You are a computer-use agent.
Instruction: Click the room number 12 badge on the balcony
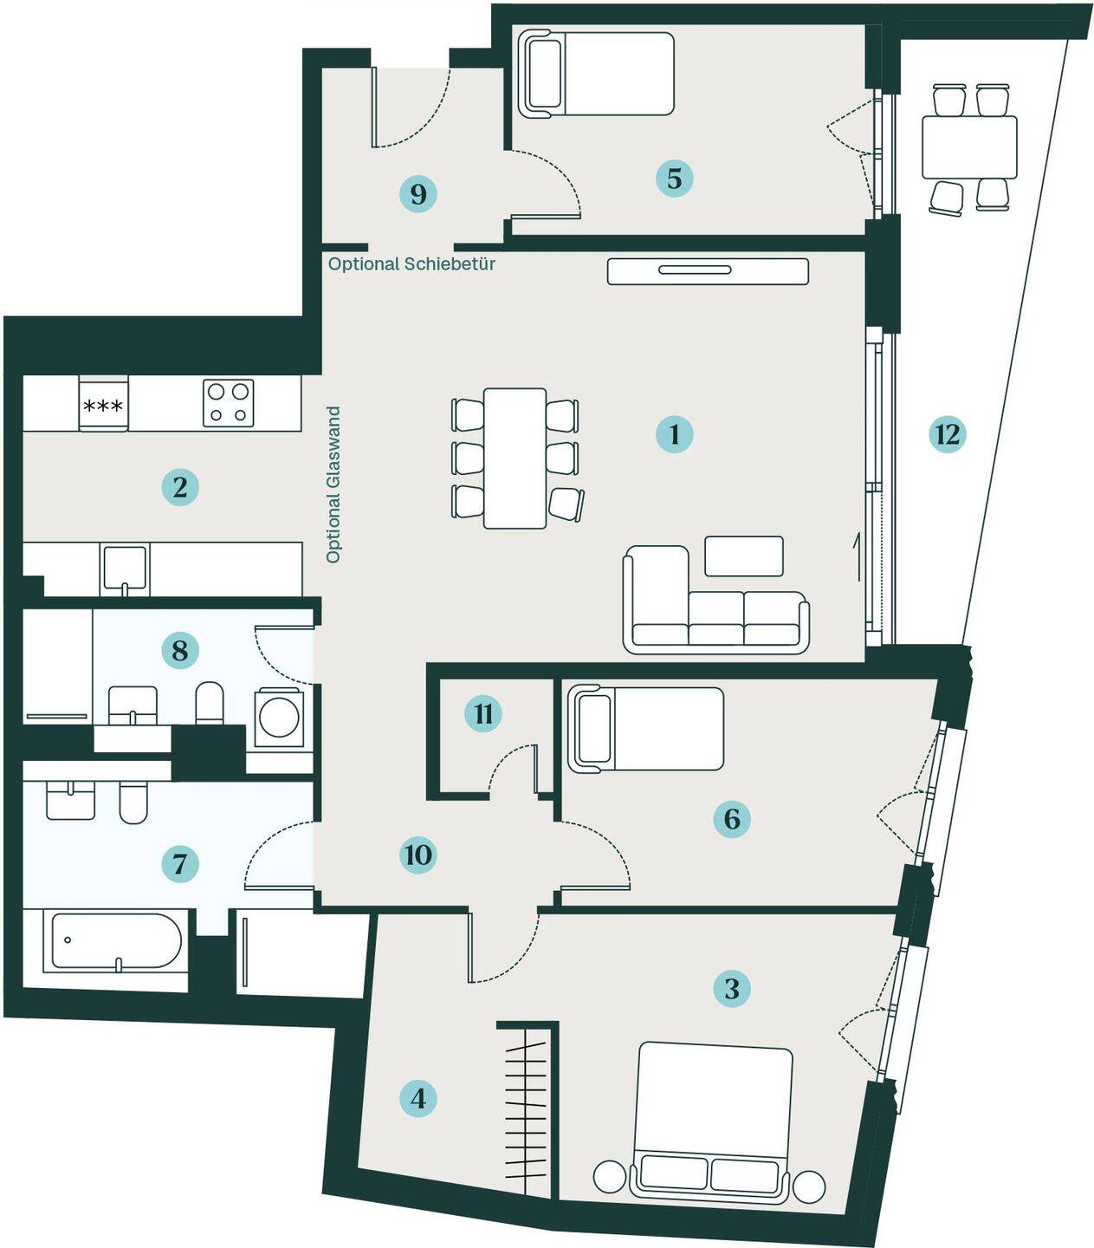click(947, 435)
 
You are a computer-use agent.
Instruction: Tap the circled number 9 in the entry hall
click(418, 194)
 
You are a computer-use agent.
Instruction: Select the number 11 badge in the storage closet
click(483, 714)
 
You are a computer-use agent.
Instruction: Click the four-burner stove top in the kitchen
click(228, 403)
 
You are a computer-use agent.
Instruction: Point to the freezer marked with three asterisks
click(103, 404)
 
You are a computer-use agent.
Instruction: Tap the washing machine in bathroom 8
click(279, 718)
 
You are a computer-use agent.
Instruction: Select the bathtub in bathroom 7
click(116, 940)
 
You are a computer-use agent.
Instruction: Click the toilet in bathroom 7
click(133, 803)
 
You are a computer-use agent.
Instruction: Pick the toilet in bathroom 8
click(210, 703)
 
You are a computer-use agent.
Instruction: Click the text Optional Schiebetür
click(411, 264)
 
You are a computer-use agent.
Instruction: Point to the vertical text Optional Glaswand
click(333, 484)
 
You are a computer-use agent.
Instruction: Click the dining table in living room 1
click(515, 458)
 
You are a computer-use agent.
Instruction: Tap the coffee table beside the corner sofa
click(744, 556)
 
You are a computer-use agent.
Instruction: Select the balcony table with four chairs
click(969, 148)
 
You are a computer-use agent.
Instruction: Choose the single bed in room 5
click(596, 74)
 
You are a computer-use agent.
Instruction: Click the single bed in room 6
click(645, 730)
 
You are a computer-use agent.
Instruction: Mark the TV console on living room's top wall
click(708, 271)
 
